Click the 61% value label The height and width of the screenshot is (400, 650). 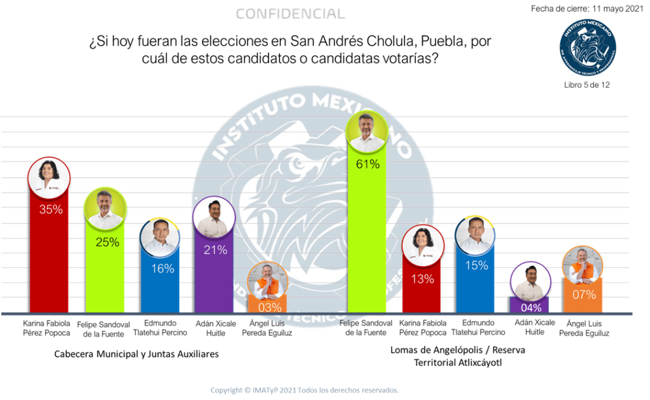point(368,164)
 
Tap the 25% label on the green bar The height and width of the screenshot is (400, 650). point(106,242)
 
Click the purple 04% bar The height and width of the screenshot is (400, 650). point(531,306)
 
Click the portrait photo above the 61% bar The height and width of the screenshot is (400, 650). point(368,131)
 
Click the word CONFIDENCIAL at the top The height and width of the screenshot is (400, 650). point(290,14)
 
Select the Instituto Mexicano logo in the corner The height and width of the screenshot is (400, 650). point(587,47)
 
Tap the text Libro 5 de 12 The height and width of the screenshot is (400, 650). point(587,84)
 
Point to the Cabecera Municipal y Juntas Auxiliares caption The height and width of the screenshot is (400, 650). point(136,354)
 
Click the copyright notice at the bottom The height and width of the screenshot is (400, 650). point(305,390)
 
